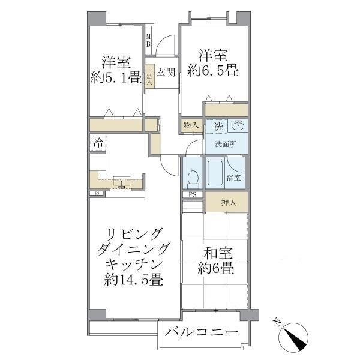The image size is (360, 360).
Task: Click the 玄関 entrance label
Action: [166, 73]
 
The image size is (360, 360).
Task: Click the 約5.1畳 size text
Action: [116, 79]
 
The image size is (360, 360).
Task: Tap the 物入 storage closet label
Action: [192, 126]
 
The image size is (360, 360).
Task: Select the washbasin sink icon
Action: [238, 125]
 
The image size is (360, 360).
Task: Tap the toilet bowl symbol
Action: [193, 178]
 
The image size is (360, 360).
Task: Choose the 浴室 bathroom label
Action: [233, 178]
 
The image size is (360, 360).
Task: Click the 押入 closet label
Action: [229, 203]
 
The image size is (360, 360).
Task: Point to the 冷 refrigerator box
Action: [97, 143]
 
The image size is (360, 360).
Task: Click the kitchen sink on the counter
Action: [122, 182]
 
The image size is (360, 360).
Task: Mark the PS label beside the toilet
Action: [193, 194]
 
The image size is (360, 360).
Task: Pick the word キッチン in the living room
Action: [133, 264]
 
